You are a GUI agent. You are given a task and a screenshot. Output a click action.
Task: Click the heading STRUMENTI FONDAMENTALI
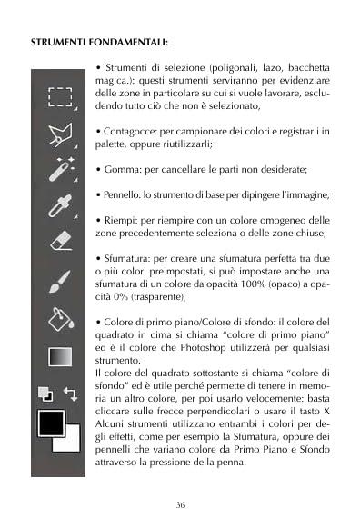[x=100, y=42]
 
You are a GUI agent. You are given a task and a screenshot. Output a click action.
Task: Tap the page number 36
[x=180, y=505]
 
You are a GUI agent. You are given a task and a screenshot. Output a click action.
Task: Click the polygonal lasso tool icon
[x=60, y=135]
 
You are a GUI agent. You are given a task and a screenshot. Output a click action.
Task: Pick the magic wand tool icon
[x=60, y=170]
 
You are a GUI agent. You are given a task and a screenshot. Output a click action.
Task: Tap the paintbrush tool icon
[x=60, y=279]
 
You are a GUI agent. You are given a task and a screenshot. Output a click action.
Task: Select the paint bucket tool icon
[x=60, y=315]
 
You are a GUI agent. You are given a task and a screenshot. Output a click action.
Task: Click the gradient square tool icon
[x=60, y=355]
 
